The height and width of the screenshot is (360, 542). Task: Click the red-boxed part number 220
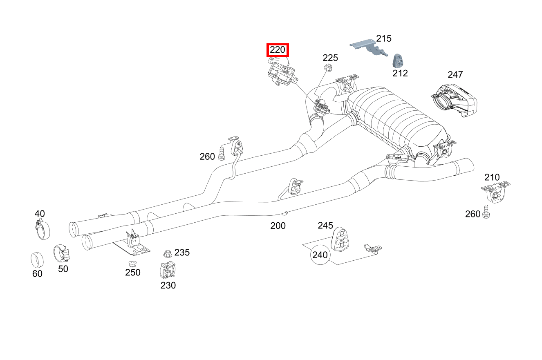point(278,50)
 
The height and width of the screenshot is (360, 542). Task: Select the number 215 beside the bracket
point(384,38)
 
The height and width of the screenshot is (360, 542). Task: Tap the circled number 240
point(320,255)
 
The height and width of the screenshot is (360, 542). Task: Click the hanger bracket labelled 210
point(495,192)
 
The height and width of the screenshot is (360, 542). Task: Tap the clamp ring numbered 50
point(61,253)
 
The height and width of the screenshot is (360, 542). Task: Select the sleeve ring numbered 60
point(37,259)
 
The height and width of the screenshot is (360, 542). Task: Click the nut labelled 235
point(167,253)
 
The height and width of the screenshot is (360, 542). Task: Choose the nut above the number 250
point(132,263)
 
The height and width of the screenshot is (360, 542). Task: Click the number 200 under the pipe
point(278,226)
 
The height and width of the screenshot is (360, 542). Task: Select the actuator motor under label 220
point(281,74)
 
